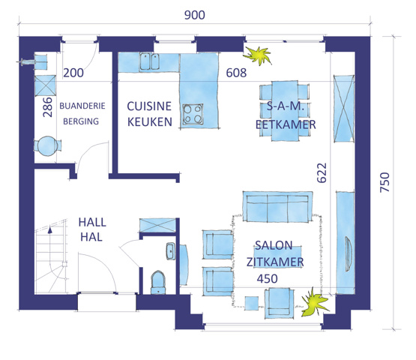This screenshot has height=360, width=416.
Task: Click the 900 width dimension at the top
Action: (195, 15)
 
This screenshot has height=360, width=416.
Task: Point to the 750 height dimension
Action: (385, 182)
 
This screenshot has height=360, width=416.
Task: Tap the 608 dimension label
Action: (236, 73)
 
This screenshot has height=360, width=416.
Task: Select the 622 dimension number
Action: (322, 172)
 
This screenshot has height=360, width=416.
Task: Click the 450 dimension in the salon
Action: (267, 279)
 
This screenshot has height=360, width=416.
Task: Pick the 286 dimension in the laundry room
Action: (48, 107)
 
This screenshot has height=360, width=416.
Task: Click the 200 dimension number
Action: (73, 73)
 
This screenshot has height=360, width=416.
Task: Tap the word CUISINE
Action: (149, 106)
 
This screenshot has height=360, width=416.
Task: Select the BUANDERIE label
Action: (82, 106)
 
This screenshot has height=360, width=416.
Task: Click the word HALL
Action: (92, 223)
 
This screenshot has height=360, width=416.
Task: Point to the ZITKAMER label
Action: (275, 262)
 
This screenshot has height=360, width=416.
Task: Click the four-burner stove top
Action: (193, 114)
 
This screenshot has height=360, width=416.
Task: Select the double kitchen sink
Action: (149, 61)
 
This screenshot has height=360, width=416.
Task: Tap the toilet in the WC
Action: (158, 283)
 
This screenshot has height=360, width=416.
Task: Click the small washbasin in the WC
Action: (171, 251)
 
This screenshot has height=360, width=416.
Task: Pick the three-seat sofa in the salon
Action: (277, 206)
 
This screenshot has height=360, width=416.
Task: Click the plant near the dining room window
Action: (258, 55)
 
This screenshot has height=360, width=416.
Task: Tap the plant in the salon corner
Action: (314, 303)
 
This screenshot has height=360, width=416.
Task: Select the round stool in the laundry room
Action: (47, 146)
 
